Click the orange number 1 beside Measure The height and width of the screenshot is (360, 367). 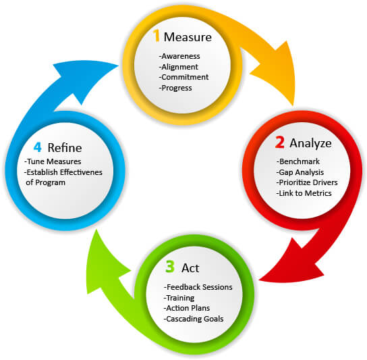pos(156,36)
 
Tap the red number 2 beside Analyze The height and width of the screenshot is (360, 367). pos(279,142)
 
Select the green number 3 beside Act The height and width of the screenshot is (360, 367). pos(170,267)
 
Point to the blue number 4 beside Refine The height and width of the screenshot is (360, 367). pos(38,147)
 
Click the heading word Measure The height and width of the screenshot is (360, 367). pos(188,37)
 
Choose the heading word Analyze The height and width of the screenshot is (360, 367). pos(310,143)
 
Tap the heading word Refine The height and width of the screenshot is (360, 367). pos(65,148)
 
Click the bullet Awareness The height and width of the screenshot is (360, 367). pos(179,56)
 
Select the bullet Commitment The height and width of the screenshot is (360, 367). pos(183,77)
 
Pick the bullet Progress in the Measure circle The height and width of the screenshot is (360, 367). pos(175,88)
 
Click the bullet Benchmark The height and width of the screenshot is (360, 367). pos(298,161)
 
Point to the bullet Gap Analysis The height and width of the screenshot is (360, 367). pos(300,172)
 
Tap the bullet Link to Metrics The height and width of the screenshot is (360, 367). pos(304,193)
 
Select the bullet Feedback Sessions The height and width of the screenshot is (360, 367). pos(198,287)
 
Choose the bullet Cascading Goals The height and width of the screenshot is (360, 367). pos(194,319)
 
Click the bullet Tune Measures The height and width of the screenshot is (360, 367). pos(53,161)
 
